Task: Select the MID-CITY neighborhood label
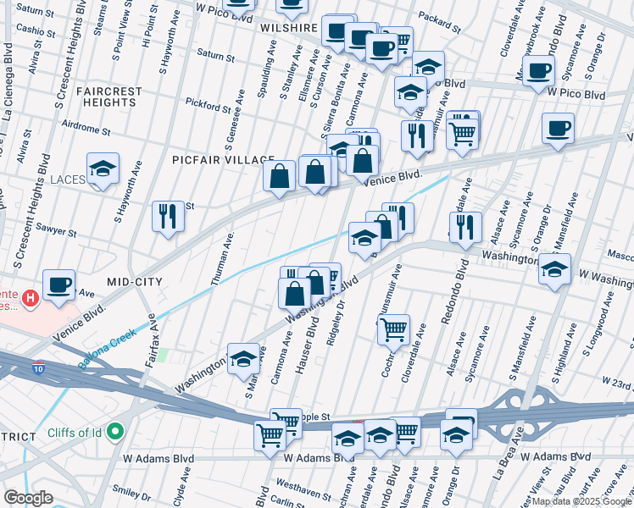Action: coord(134,280)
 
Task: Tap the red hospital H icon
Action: coord(31,298)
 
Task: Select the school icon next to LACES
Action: coord(103,169)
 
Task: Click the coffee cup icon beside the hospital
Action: coord(58,285)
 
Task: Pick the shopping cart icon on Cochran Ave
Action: coord(392,328)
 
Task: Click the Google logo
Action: coord(28,498)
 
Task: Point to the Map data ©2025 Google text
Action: coord(581,501)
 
